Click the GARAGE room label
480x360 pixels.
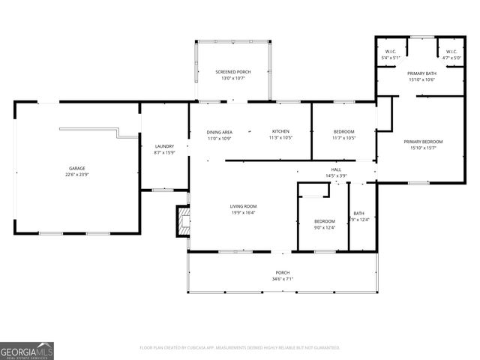click(76, 168)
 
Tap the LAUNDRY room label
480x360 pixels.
click(164, 146)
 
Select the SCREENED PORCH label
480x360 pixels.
click(232, 72)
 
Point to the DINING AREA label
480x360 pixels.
click(219, 132)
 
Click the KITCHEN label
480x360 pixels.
click(280, 132)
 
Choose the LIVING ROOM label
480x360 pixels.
click(243, 206)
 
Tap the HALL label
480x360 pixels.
click(336, 170)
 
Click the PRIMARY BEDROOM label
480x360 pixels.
click(423, 142)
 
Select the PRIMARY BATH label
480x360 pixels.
click(421, 73)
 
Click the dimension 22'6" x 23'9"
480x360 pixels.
click(76, 174)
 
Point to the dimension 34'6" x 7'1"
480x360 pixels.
click(282, 279)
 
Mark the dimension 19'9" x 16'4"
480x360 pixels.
click(243, 212)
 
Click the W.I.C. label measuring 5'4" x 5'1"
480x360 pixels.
click(391, 52)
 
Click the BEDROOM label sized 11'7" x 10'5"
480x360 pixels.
click(344, 132)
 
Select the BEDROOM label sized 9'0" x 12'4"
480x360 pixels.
click(324, 221)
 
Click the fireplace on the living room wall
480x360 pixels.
click(181, 221)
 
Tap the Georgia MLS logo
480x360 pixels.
click(27, 350)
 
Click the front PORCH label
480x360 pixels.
click(282, 272)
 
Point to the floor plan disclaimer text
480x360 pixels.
click(240, 347)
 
